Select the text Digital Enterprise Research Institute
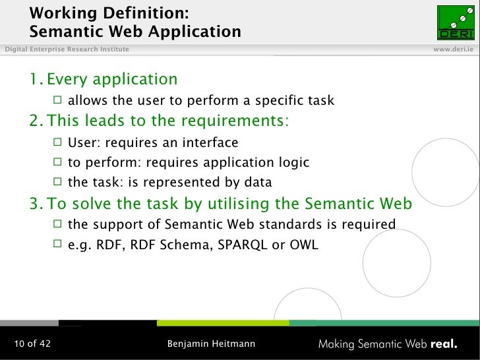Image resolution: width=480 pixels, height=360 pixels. tap(65, 50)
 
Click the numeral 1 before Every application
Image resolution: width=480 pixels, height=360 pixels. tap(34, 80)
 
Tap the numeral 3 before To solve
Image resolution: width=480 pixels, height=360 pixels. tap(34, 204)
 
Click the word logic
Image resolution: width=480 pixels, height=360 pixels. tap(293, 162)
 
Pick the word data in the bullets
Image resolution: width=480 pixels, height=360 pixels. tap(256, 183)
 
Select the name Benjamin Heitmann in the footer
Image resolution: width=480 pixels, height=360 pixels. tap(211, 344)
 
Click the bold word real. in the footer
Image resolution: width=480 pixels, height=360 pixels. tap(444, 344)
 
